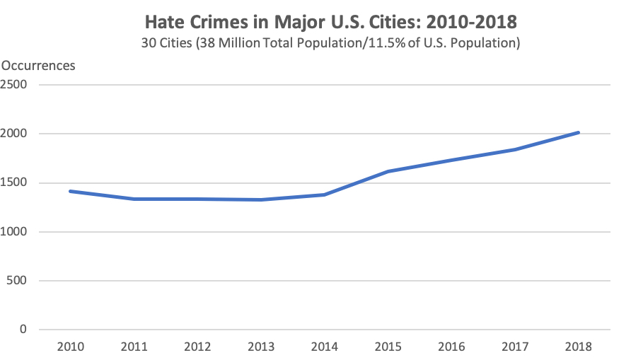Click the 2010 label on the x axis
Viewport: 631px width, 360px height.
pyautogui.click(x=71, y=347)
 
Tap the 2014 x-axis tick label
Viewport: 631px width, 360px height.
pyautogui.click(x=325, y=347)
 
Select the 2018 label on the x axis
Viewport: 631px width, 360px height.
pyautogui.click(x=579, y=347)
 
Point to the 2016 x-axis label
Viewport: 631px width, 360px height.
pyautogui.click(x=451, y=347)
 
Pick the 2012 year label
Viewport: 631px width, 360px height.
pyautogui.click(x=197, y=347)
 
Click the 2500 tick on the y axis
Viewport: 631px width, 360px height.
pyautogui.click(x=13, y=85)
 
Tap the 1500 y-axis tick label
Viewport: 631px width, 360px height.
pyautogui.click(x=13, y=183)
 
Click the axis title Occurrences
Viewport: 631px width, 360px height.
pyautogui.click(x=38, y=66)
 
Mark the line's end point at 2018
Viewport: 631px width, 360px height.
pyautogui.click(x=579, y=132)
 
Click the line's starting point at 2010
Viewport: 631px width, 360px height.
pyautogui.click(x=71, y=191)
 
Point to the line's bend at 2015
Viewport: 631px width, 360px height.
pyautogui.click(x=388, y=171)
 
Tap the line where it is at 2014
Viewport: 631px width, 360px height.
pyautogui.click(x=325, y=194)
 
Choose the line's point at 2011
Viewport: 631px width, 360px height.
pyautogui.click(x=134, y=199)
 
